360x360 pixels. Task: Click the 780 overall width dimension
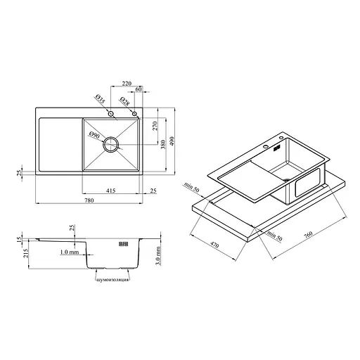click(x=89, y=200)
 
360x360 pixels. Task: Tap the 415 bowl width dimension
click(x=110, y=191)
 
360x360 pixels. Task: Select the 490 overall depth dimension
click(x=172, y=141)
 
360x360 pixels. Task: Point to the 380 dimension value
click(x=164, y=144)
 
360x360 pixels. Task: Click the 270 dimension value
click(x=155, y=126)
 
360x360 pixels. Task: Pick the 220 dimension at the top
click(x=127, y=83)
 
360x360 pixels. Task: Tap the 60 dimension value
click(x=139, y=89)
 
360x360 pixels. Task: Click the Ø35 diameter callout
click(x=100, y=99)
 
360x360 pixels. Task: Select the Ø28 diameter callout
click(x=124, y=101)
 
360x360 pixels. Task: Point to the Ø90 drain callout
click(x=94, y=136)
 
